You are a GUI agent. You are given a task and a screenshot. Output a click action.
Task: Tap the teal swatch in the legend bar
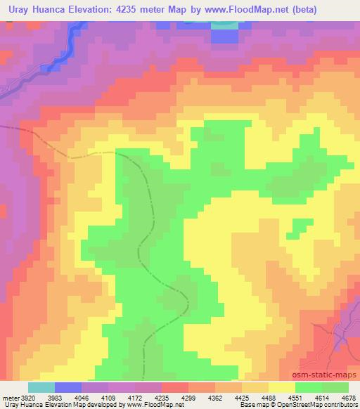(41, 388)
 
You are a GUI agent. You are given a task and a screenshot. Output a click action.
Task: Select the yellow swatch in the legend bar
(281, 388)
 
